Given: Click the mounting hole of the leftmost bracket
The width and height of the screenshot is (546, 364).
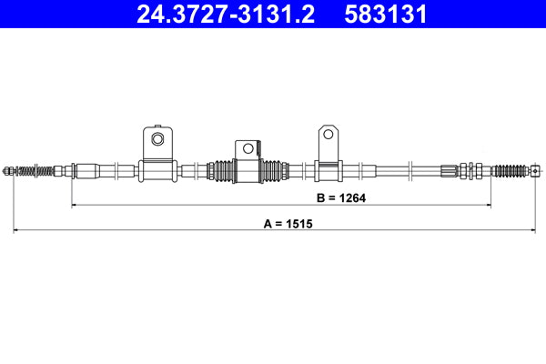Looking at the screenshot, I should coord(157,139).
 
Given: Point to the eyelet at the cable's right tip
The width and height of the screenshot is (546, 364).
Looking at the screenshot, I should coord(537,169).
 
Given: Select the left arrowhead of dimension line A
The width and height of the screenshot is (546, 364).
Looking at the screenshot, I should coord(16,231).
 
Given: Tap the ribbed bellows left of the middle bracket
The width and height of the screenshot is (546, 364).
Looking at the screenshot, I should coord(221,169).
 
